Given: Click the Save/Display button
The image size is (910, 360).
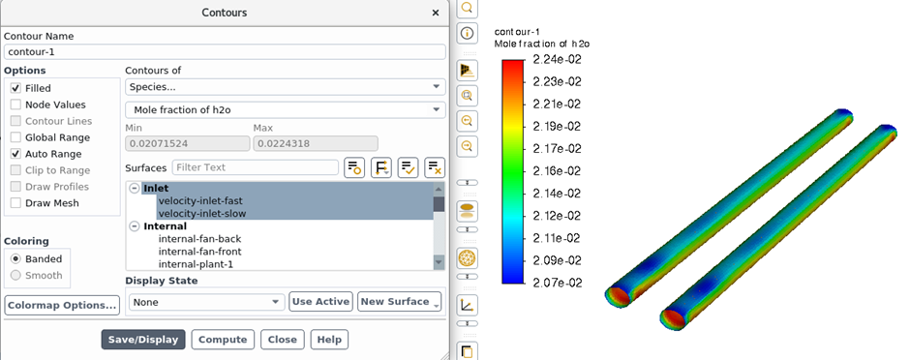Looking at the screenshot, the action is click(x=143, y=340).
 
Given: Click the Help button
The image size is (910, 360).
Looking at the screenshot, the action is click(x=330, y=340).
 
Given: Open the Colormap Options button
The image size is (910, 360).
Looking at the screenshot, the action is click(x=62, y=306).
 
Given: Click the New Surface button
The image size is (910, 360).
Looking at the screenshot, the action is click(x=399, y=301).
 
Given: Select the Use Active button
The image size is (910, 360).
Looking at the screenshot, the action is click(x=321, y=301).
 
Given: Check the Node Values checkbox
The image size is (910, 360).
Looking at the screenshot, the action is click(x=15, y=105).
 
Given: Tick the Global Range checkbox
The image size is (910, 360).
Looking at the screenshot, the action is click(x=15, y=137).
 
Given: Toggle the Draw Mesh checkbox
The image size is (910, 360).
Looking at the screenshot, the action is click(x=15, y=203).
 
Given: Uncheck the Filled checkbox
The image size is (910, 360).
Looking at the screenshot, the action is click(x=15, y=89).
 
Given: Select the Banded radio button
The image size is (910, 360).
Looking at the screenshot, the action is click(x=16, y=259).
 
